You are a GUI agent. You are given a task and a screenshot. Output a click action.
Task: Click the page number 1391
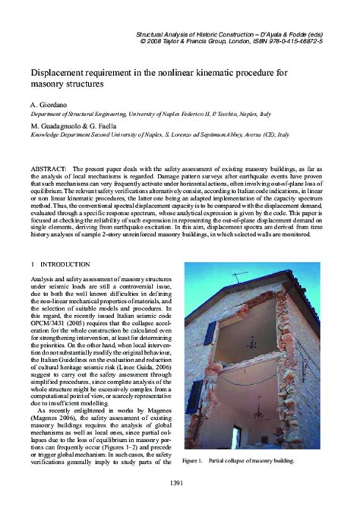tap(179, 482)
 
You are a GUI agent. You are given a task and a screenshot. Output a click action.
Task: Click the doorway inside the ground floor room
tap(289, 425)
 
